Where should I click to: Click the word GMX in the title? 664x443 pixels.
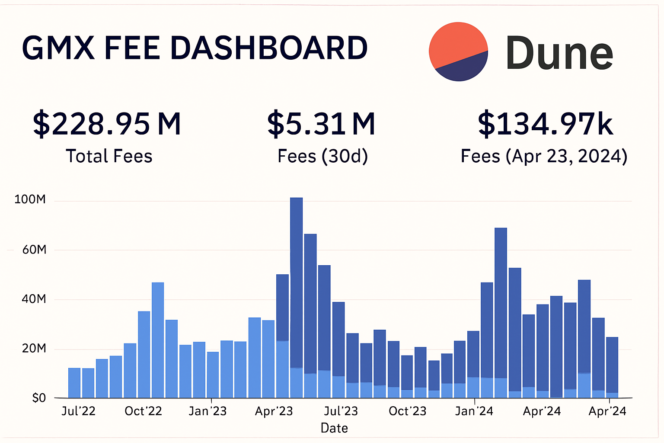point(58,48)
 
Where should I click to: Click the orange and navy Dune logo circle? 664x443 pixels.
point(458,51)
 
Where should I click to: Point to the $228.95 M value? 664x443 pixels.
point(107,124)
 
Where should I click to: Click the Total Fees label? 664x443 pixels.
point(109,156)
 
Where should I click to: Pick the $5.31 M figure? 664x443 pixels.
point(321,124)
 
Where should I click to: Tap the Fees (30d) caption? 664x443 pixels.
point(322,156)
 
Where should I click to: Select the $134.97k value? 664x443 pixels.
point(545,124)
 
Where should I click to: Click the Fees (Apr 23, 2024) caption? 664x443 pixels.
point(544,156)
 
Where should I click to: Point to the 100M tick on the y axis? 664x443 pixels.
point(30,199)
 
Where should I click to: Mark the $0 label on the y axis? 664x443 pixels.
point(39,398)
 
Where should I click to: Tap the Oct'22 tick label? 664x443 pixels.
point(143,411)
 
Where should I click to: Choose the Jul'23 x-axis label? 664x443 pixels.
point(341,411)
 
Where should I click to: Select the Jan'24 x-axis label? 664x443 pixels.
point(474,411)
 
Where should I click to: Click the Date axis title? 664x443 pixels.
point(334,428)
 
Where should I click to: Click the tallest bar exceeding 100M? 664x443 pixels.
point(296,286)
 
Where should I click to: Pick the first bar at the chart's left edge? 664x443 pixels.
point(74,383)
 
